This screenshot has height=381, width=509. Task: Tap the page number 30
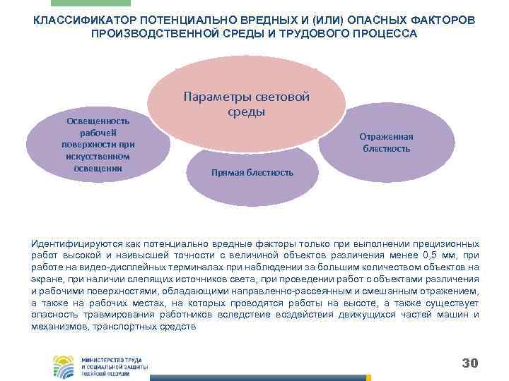[x=469, y=363]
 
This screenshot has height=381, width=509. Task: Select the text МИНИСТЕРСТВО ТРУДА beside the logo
[x=112, y=359]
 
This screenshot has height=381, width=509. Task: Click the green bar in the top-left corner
[x=104, y=3]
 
